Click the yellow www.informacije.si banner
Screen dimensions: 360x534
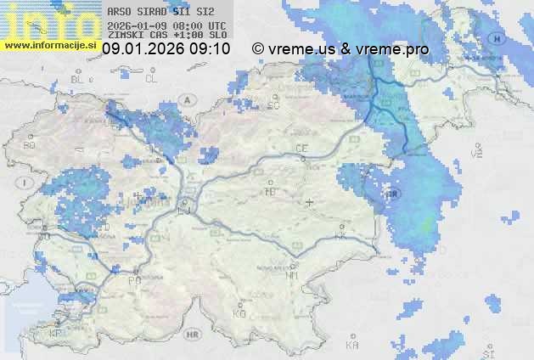(50, 45)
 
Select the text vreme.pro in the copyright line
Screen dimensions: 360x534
(393, 49)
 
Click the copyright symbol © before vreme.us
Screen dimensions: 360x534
(258, 49)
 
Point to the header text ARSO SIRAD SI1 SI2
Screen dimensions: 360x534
(161, 12)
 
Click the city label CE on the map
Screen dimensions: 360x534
(301, 149)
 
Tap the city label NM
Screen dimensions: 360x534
(293, 275)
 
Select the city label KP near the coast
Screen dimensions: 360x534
(56, 334)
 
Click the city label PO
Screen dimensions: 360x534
(134, 279)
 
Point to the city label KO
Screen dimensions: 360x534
(239, 313)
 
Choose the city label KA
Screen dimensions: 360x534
(352, 345)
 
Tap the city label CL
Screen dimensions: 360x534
(152, 79)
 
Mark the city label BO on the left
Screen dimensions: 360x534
(30, 145)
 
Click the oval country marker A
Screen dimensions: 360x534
(187, 98)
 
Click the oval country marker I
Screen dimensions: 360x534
(26, 183)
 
